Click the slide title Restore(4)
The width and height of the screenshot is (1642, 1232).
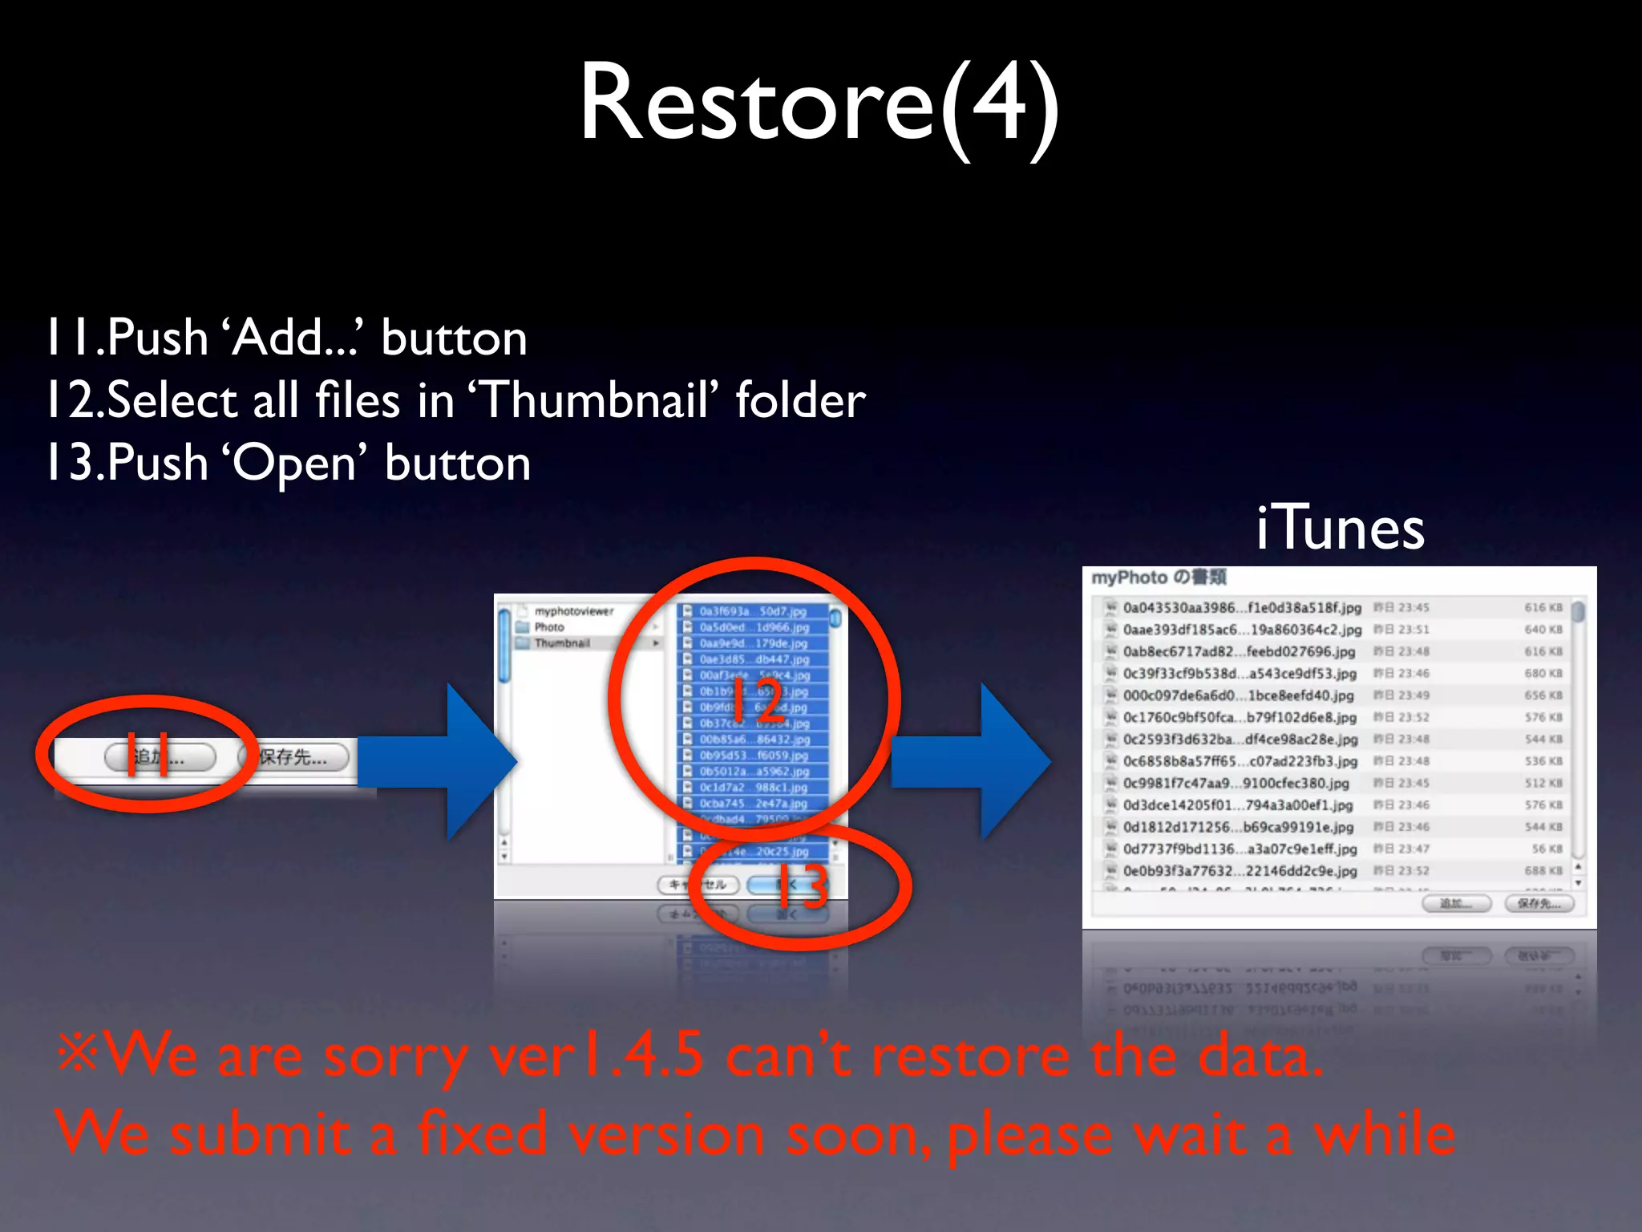point(819,104)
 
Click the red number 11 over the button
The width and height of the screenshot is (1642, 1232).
point(148,754)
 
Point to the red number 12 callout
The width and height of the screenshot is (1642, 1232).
point(757,699)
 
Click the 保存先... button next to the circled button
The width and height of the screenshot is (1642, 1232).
point(293,757)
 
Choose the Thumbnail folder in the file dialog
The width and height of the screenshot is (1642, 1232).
point(563,643)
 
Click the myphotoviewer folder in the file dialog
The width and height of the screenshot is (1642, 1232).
point(574,611)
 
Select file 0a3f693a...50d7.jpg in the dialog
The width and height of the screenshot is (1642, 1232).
point(752,611)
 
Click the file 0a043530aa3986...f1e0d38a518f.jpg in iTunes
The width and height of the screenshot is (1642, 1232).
point(1241,608)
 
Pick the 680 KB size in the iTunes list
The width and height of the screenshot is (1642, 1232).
point(1543,674)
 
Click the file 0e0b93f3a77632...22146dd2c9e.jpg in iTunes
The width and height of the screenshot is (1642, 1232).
point(1240,871)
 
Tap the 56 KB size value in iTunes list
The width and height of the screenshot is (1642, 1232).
point(1547,849)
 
